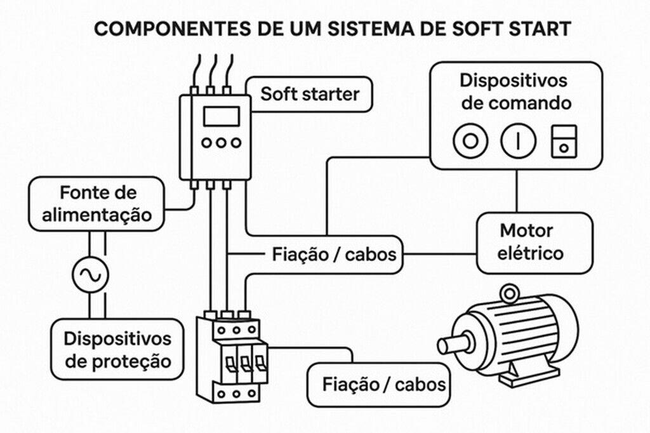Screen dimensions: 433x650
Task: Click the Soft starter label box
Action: click(309, 95)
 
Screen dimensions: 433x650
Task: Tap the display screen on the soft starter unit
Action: click(221, 116)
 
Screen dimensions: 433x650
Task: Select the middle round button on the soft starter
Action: click(221, 143)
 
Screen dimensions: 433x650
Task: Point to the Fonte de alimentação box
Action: click(98, 203)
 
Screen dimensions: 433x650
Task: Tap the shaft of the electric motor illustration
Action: click(454, 344)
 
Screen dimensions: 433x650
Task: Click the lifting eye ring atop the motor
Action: click(508, 293)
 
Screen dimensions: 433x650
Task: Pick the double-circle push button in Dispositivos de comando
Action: click(469, 140)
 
